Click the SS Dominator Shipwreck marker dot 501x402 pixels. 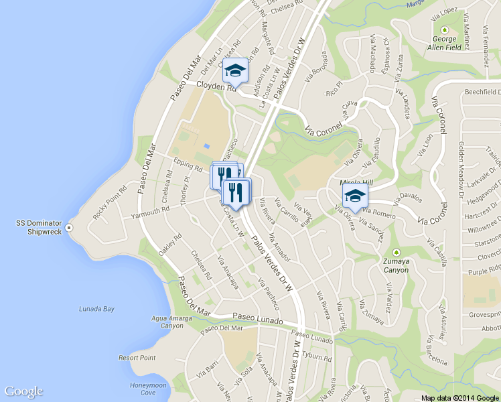[x=70, y=226]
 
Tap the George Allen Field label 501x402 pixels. [x=444, y=44]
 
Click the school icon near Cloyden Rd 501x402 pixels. [x=235, y=69]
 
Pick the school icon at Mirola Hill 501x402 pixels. [x=355, y=196]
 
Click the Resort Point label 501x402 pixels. [x=137, y=358]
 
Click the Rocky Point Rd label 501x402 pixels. [x=109, y=202]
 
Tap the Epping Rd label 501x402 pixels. [x=188, y=165]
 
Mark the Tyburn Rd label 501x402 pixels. [x=317, y=356]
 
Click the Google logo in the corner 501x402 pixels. [x=23, y=391]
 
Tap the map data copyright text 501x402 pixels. [x=460, y=398]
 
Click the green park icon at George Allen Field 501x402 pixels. [x=444, y=29]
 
